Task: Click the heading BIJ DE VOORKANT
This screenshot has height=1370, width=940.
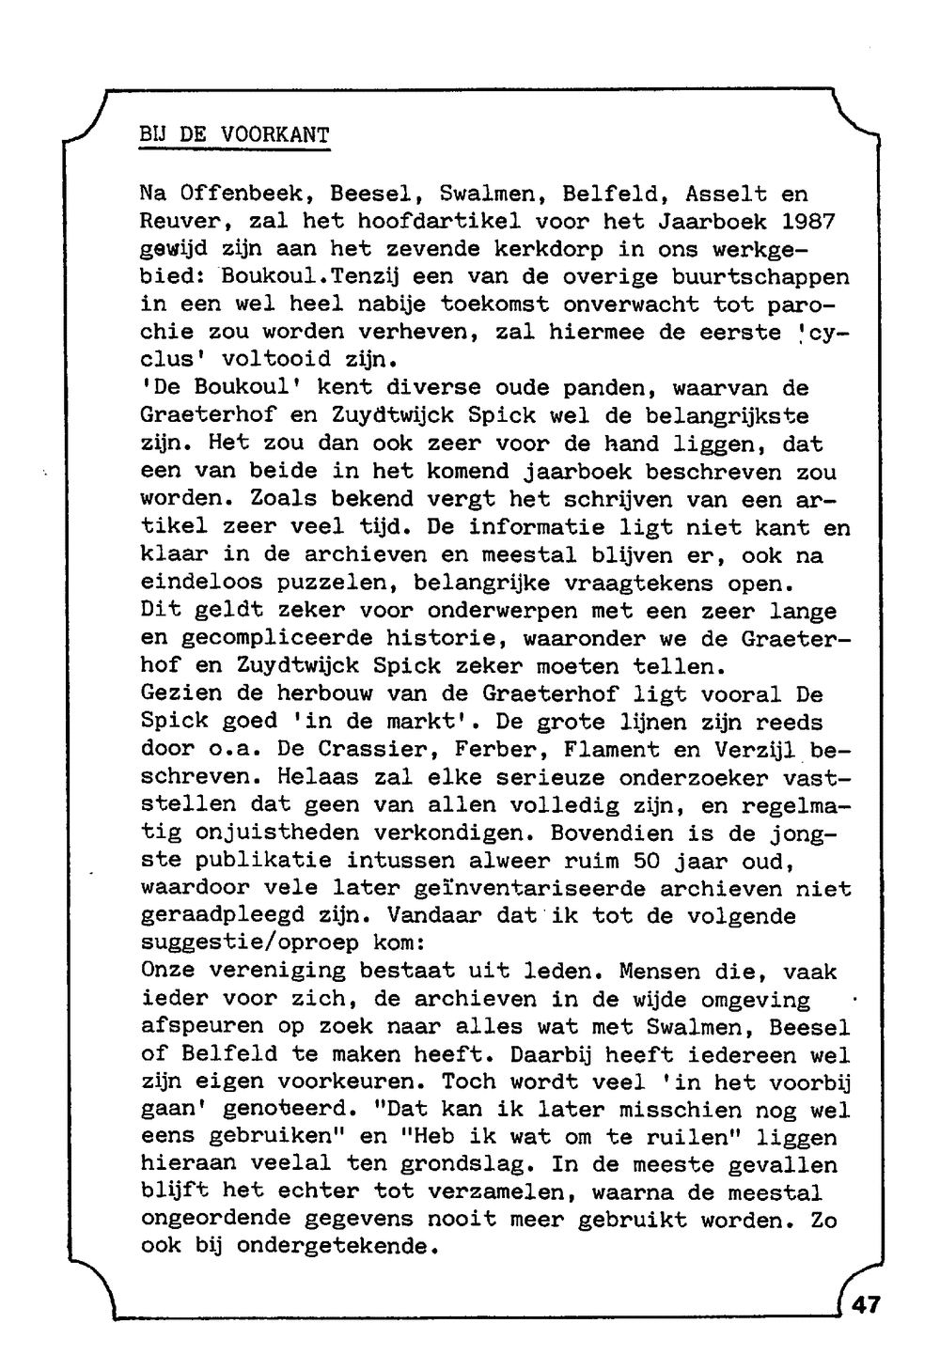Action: point(234,135)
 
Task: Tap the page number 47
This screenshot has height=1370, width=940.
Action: point(867,1305)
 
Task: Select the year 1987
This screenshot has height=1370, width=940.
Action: point(807,223)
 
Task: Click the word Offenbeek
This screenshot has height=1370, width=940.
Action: point(241,195)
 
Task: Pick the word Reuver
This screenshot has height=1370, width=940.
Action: point(180,223)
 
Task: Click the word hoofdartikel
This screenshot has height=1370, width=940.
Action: point(431,223)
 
